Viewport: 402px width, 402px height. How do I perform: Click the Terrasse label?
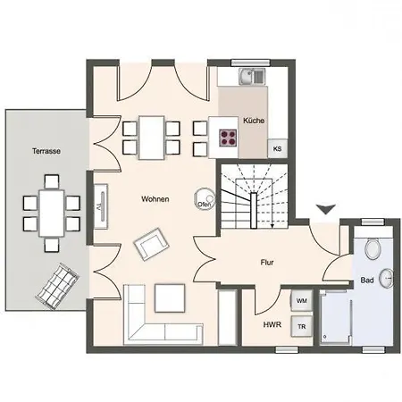point(46,151)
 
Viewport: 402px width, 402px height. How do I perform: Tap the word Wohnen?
point(155,199)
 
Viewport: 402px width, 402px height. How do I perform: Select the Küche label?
point(254,121)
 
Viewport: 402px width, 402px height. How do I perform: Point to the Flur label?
point(267,263)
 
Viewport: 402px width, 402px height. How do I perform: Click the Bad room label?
point(367,280)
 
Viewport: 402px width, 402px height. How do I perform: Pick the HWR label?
point(272,324)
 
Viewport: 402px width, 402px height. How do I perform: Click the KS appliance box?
point(277,148)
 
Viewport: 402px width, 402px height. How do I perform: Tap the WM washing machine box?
point(302,301)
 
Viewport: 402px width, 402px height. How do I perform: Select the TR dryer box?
point(302,326)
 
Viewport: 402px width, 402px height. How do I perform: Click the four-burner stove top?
point(228,138)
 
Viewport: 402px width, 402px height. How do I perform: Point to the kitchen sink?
point(252,76)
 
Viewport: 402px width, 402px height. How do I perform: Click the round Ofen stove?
point(205,199)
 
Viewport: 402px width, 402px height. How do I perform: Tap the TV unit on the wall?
point(101,206)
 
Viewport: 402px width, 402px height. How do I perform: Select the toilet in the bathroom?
point(373,247)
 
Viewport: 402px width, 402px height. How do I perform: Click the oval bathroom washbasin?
point(387,279)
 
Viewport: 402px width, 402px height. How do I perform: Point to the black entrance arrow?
point(326,209)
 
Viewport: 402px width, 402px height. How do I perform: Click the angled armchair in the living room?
point(151,244)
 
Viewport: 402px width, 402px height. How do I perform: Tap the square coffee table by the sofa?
point(170,298)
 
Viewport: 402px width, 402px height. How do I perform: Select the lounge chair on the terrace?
point(57,286)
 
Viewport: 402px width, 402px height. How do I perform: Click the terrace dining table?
point(52,214)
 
